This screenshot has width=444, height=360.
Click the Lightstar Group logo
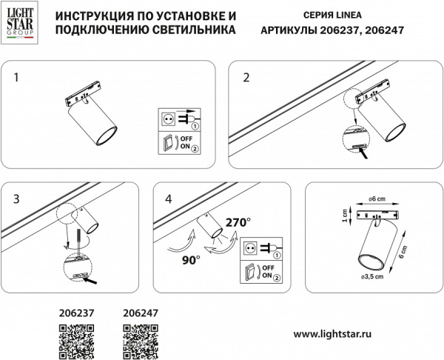(x=20, y=23)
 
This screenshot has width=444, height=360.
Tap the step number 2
(x=246, y=76)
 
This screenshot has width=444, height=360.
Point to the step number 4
(x=169, y=198)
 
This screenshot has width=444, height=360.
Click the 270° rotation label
(x=238, y=221)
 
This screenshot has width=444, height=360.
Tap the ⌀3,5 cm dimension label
(x=371, y=276)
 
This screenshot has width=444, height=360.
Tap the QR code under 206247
(x=139, y=343)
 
